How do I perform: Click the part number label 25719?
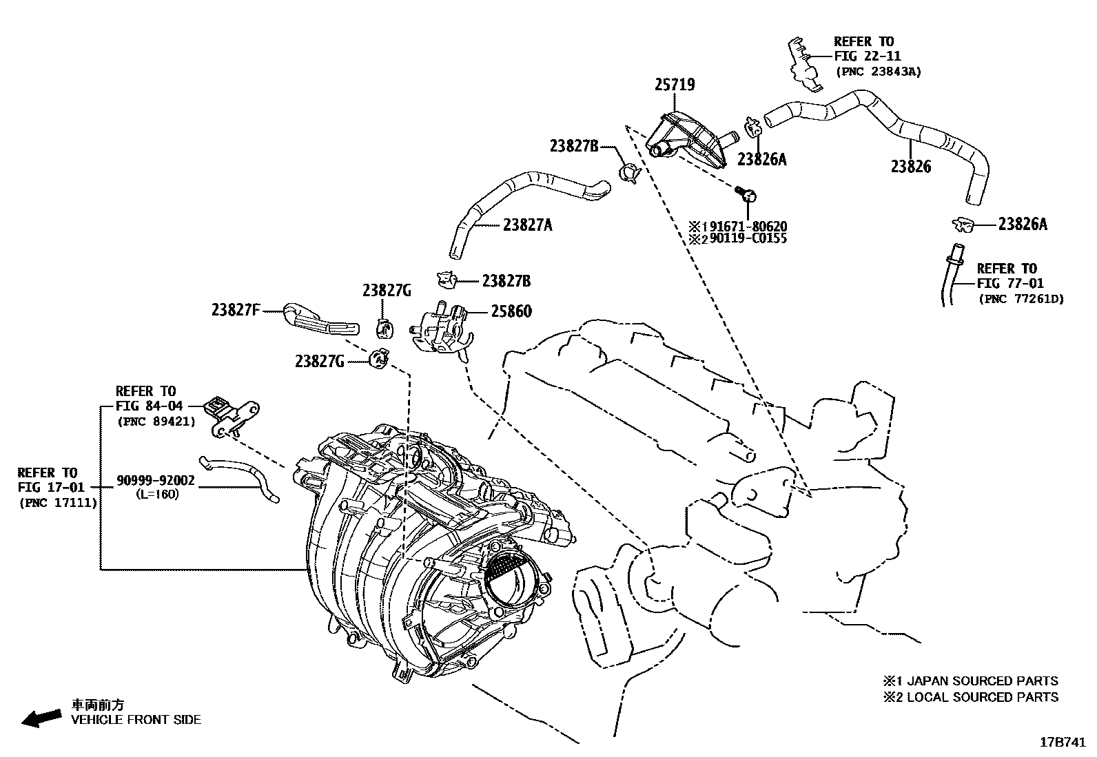675,85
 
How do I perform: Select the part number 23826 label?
910,167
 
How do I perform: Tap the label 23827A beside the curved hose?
527,225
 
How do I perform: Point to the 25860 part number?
511,311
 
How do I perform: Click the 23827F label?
236,310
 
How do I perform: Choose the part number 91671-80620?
748,227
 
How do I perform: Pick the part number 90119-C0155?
748,238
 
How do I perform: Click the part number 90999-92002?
156,480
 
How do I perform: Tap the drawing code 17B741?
1063,743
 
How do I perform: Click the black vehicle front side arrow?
41,718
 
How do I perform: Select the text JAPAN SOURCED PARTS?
983,681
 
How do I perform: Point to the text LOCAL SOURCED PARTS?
983,697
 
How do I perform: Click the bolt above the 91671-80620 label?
746,194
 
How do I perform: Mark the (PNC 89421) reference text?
156,422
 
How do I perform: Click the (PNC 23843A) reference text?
879,72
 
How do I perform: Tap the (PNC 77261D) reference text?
1022,299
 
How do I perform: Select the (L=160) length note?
157,494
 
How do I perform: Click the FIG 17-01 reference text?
52,488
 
